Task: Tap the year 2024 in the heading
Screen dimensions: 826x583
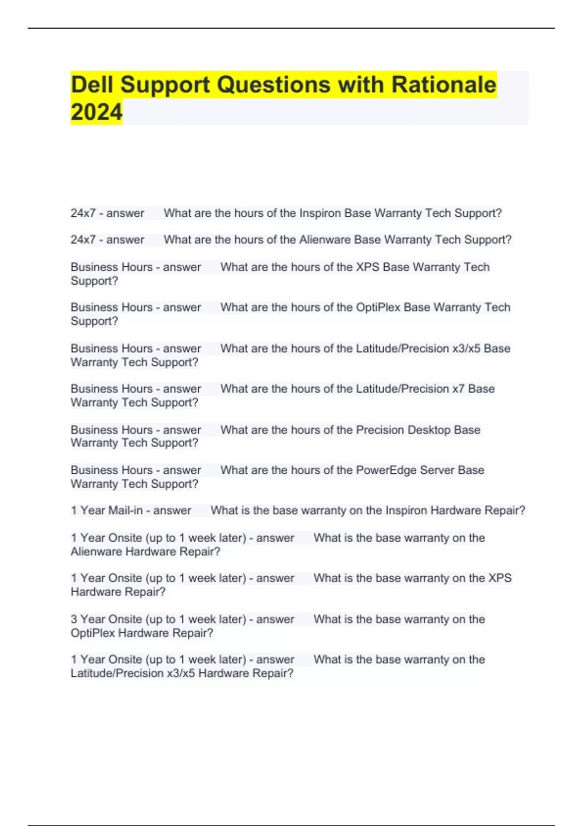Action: [x=97, y=112]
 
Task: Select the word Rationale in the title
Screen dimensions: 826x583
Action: [x=444, y=85]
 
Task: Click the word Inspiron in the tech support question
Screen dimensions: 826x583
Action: [x=321, y=213]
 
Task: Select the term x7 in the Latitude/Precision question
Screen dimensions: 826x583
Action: [x=458, y=389]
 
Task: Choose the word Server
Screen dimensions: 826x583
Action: [x=437, y=470]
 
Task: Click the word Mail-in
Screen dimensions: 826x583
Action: [x=125, y=511]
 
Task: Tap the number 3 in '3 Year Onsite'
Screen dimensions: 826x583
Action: [x=74, y=619]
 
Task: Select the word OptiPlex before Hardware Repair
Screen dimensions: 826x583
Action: [x=92, y=633]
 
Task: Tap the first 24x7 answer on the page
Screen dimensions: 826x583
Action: [x=83, y=213]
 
